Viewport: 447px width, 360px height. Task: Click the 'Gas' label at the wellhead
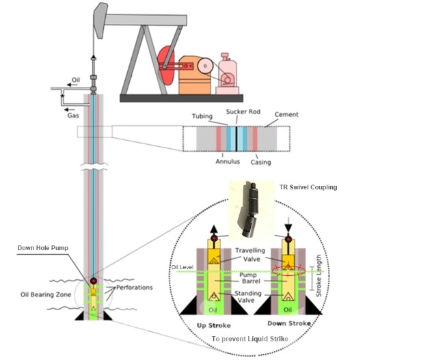pyautogui.click(x=72, y=116)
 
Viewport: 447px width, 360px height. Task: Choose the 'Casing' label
pyautogui.click(x=260, y=162)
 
